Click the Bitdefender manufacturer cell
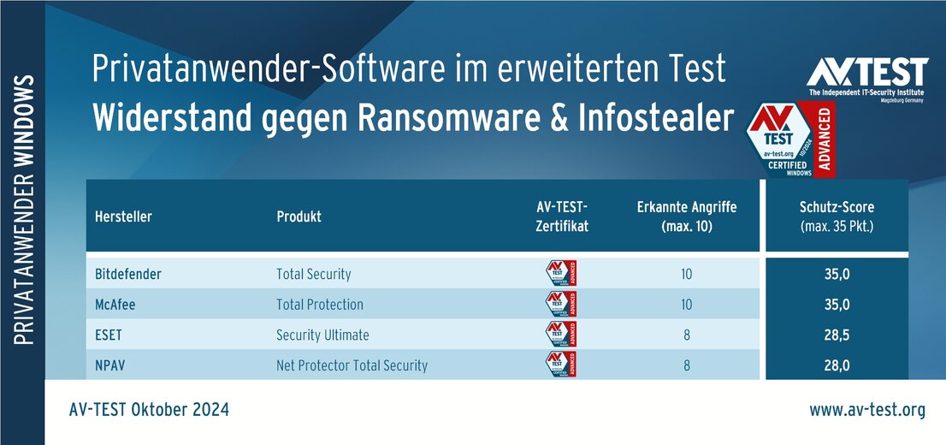click(128, 275)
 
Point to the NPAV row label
click(112, 365)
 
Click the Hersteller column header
click(123, 217)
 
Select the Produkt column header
click(299, 217)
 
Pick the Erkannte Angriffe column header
click(687, 217)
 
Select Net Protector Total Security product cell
click(352, 365)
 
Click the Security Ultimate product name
click(322, 335)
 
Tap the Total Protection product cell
click(319, 305)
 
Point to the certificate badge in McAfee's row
click(560, 304)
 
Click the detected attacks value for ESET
click(687, 335)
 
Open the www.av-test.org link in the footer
click(867, 411)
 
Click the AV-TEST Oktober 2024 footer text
click(149, 411)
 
